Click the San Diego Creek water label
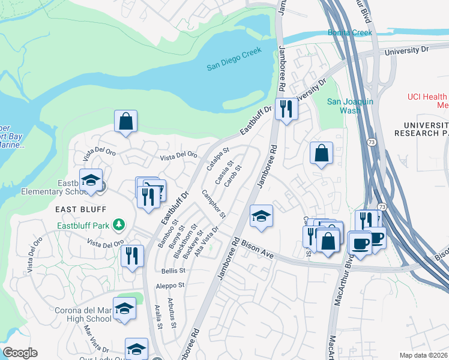pyautogui.click(x=235, y=67)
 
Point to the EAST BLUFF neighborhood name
pyautogui.click(x=81, y=209)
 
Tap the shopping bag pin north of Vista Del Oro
pyautogui.click(x=126, y=121)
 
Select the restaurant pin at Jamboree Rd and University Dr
pyautogui.click(x=286, y=109)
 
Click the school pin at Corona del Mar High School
pyautogui.click(x=124, y=308)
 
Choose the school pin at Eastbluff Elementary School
pyautogui.click(x=91, y=180)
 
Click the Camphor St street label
pyautogui.click(x=213, y=203)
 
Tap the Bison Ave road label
pyautogui.click(x=258, y=251)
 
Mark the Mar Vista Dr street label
pyautogui.click(x=96, y=339)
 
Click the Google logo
pyautogui.click(x=20, y=353)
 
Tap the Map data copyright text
pyautogui.click(x=424, y=355)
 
